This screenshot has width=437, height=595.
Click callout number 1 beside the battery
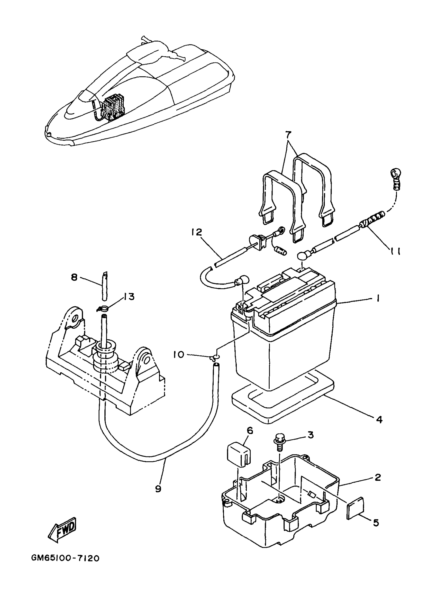click(378, 299)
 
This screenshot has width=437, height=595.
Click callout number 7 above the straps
click(288, 135)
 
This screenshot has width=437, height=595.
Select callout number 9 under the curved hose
click(158, 489)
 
